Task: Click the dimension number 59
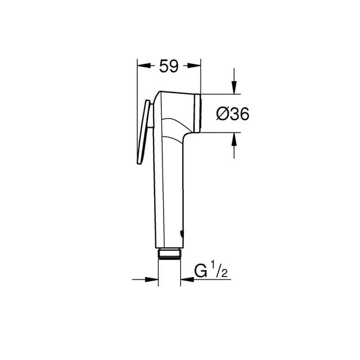pyautogui.click(x=168, y=67)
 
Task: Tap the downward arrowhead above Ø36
pyautogui.click(x=233, y=88)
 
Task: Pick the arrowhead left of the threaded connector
pyautogui.click(x=152, y=279)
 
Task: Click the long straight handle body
pyautogui.click(x=169, y=191)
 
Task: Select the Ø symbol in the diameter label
pyautogui.click(x=219, y=113)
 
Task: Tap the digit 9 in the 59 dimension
pyautogui.click(x=174, y=67)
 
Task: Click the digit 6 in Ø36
pyautogui.click(x=242, y=113)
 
